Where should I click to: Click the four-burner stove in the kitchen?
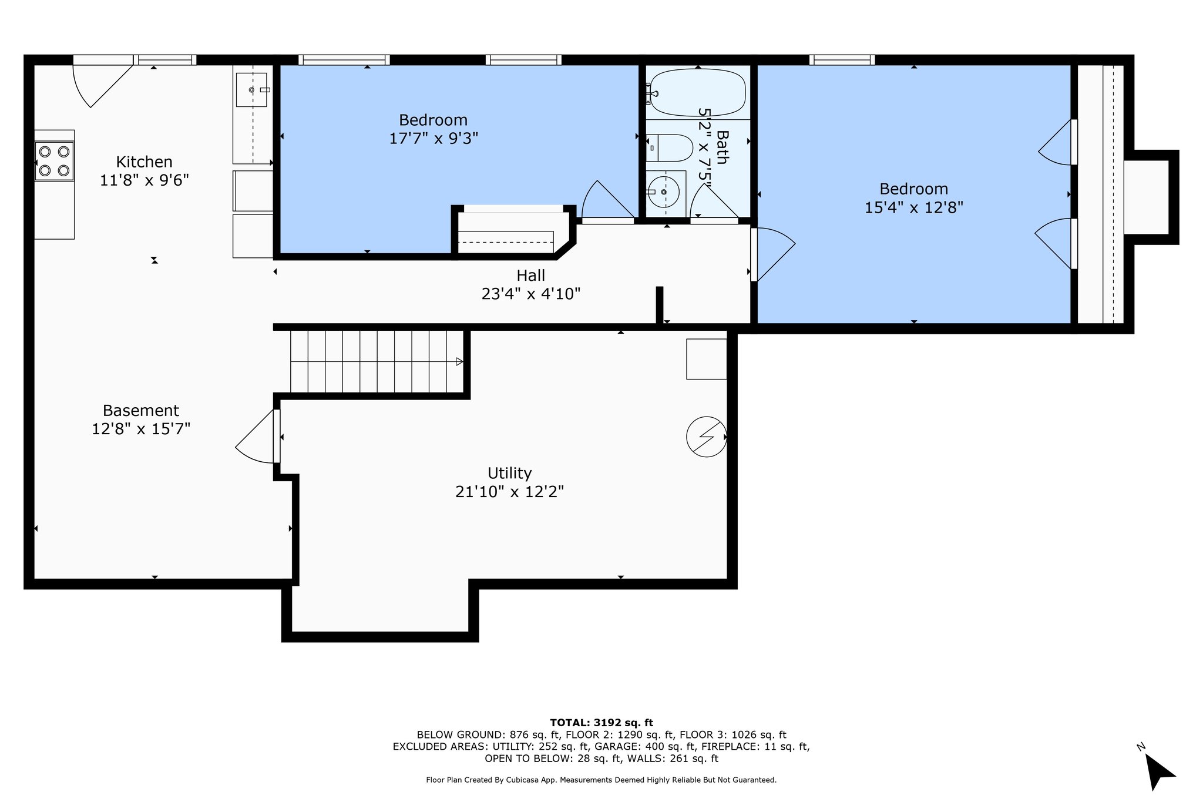55,161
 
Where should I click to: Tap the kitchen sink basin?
251,90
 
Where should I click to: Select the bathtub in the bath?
698,93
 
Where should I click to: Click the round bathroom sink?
664,192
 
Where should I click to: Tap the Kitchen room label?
144,162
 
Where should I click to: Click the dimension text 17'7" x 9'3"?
434,139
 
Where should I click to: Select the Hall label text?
531,275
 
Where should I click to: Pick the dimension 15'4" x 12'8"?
914,207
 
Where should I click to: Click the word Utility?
510,473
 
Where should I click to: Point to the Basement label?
141,411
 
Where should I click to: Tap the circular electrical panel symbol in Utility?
707,437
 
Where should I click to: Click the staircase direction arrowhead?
459,362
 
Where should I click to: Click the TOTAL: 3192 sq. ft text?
601,723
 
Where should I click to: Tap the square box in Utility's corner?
707,359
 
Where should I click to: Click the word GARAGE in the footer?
614,747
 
